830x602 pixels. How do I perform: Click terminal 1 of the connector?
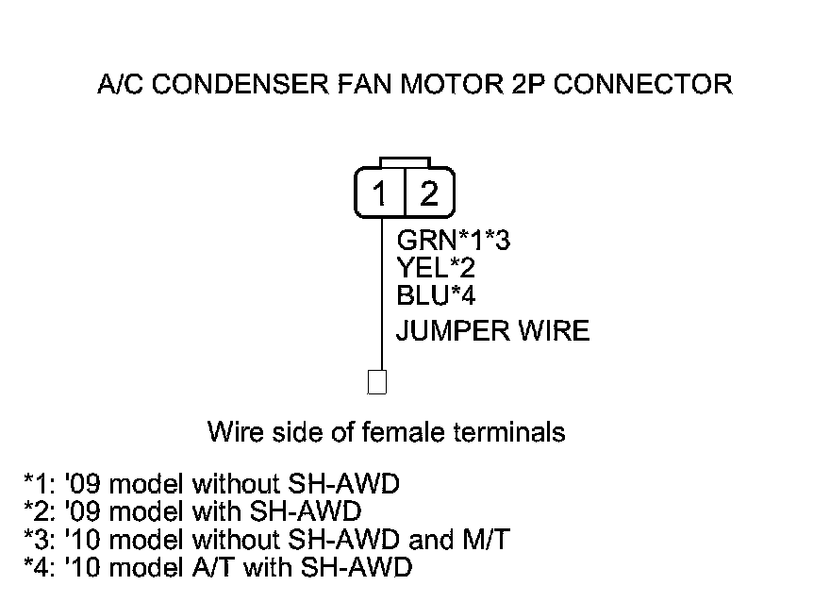[380, 194]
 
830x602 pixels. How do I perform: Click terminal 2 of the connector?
[429, 194]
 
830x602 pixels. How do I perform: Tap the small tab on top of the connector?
[405, 162]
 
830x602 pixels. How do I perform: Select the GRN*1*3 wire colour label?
[454, 242]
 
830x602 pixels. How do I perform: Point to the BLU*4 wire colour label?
[436, 296]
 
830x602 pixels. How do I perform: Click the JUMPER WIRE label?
[492, 331]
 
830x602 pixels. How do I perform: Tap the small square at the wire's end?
[377, 382]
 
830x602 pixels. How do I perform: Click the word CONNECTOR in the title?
[642, 85]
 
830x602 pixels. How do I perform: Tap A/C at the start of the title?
[119, 85]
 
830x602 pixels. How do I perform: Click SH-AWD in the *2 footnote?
[311, 512]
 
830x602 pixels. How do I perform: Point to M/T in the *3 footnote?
[488, 541]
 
